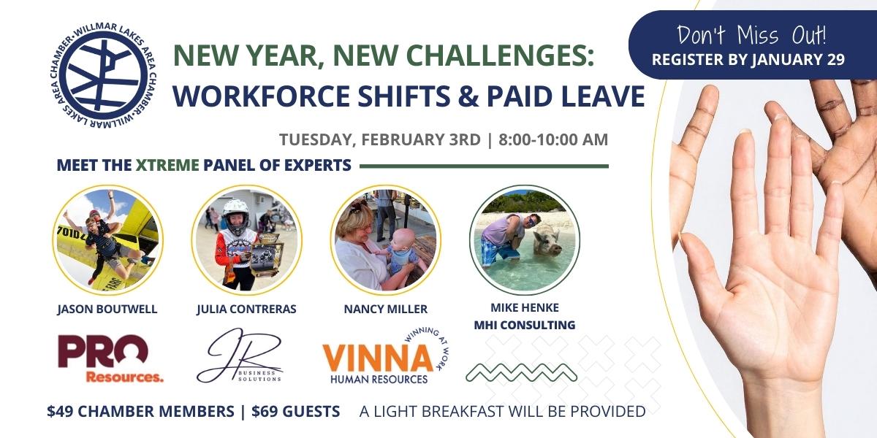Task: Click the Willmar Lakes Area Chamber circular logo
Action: pyautogui.click(x=103, y=77)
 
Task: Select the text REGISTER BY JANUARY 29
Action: pyautogui.click(x=748, y=59)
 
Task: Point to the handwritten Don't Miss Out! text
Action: pyautogui.click(x=751, y=35)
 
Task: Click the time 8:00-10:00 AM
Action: pyautogui.click(x=553, y=139)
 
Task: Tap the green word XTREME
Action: pyautogui.click(x=167, y=165)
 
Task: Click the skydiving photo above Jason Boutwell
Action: pyautogui.click(x=107, y=239)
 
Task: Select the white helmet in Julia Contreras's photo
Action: pyautogui.click(x=235, y=212)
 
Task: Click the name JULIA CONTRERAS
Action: pyautogui.click(x=246, y=309)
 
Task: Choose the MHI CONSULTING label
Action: pyautogui.click(x=525, y=325)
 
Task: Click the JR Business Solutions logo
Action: pyautogui.click(x=239, y=356)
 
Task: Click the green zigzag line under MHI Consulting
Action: pyautogui.click(x=521, y=373)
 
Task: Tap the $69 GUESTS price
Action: pyautogui.click(x=295, y=412)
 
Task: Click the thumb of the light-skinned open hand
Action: pyautogui.click(x=701, y=266)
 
